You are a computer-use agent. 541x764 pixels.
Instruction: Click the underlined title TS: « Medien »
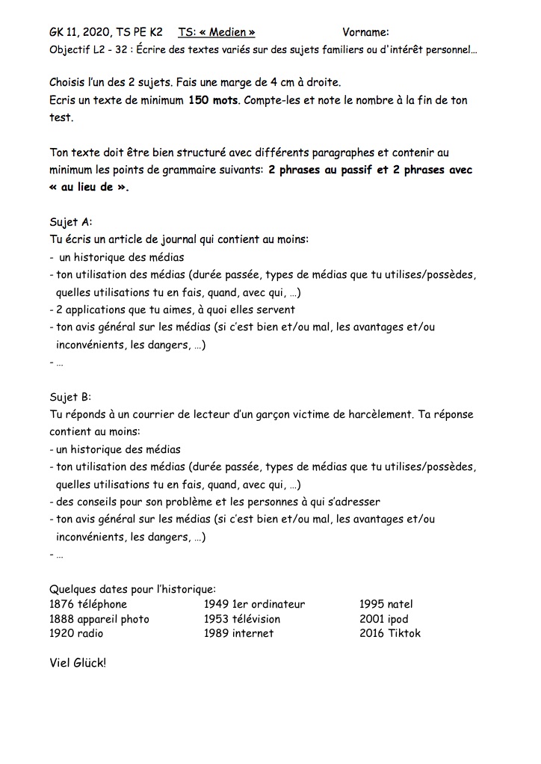click(217, 32)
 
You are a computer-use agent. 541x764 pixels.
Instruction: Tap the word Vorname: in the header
click(365, 32)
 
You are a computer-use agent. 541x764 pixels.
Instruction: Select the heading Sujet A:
click(70, 222)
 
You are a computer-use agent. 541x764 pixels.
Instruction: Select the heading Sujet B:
click(70, 397)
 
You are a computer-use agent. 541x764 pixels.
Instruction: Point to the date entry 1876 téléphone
click(88, 604)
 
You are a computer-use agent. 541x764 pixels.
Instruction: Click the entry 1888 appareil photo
click(99, 619)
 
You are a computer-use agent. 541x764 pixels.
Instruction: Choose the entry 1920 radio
click(76, 633)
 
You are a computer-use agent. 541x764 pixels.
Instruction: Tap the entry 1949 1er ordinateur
click(254, 604)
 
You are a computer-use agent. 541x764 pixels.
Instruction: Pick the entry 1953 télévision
click(242, 619)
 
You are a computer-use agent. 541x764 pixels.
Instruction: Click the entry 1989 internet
click(238, 633)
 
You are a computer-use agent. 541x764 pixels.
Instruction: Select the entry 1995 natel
click(386, 604)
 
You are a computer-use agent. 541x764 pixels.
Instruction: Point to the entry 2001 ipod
click(383, 619)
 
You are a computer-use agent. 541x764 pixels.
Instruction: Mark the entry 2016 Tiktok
click(389, 633)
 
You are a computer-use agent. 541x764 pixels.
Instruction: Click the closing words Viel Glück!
click(78, 662)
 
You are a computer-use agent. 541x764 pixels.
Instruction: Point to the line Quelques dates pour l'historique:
click(132, 589)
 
